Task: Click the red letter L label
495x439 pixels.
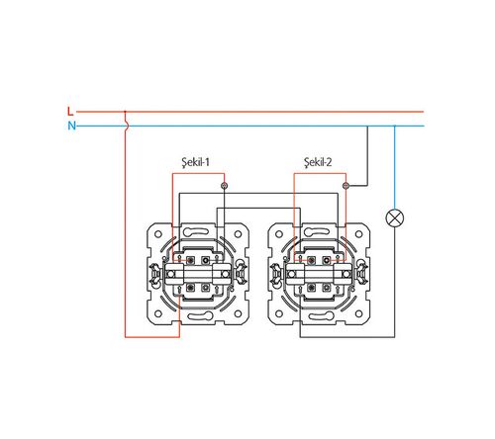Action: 70,112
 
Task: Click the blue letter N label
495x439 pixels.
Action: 71,126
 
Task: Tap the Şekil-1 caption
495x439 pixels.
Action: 196,162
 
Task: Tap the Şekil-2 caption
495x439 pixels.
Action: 318,162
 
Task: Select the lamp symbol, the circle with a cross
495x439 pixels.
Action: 395,218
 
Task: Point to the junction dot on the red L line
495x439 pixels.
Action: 125,112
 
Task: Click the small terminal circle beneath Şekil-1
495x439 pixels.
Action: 225,186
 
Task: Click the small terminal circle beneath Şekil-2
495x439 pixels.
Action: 346,186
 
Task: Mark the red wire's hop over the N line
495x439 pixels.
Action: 126,126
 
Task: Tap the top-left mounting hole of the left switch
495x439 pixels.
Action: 158,234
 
